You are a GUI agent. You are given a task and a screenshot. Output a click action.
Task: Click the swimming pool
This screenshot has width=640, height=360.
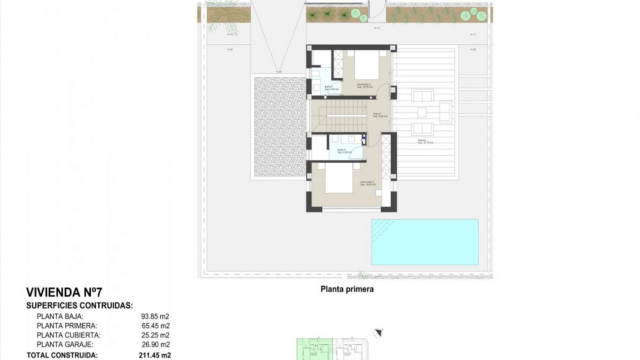pyautogui.click(x=425, y=242)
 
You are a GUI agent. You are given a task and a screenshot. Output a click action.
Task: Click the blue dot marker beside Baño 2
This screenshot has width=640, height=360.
pyautogui.click(x=364, y=137)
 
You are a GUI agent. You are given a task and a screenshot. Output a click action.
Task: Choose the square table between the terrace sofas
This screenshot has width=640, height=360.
pyautogui.click(x=422, y=112)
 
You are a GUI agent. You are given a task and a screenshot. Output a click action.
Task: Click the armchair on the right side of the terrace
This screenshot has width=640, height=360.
pyautogui.click(x=445, y=112)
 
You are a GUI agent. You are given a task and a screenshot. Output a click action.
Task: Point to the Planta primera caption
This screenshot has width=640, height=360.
pyautogui.click(x=347, y=289)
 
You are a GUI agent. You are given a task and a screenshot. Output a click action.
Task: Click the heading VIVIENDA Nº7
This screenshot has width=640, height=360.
pyautogui.click(x=64, y=293)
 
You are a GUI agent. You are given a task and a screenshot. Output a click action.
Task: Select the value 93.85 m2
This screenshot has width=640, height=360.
pyautogui.click(x=155, y=317)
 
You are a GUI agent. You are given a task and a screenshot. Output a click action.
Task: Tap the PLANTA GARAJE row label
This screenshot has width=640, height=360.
pyautogui.click(x=65, y=345)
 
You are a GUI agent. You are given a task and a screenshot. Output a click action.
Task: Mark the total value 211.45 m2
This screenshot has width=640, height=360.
pyautogui.click(x=155, y=355)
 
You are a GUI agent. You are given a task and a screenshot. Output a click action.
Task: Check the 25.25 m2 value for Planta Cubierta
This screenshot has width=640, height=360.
pyautogui.click(x=155, y=335)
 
